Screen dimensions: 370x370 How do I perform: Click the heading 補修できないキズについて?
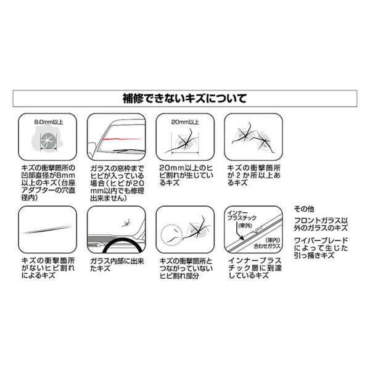tap(184, 99)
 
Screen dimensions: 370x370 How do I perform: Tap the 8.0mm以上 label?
tap(49, 122)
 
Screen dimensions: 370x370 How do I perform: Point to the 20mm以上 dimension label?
tap(185, 122)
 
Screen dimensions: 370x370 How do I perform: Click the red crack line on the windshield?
tap(121, 139)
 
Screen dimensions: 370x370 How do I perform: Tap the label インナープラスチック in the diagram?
tap(242, 215)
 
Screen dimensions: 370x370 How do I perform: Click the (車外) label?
tap(245, 226)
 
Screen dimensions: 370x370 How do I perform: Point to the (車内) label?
tap(273, 240)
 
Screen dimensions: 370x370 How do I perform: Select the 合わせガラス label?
tap(267, 246)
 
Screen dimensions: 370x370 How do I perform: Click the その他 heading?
tap(304, 209)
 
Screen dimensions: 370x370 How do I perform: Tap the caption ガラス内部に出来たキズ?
tap(117, 265)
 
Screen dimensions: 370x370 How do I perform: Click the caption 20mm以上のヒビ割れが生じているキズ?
tap(186, 175)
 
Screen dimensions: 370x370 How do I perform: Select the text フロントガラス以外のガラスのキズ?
tap(321, 224)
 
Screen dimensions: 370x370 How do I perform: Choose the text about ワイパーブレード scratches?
tap(321, 248)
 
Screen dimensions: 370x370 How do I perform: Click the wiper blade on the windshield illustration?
tap(129, 150)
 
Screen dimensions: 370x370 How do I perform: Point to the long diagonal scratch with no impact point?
tap(47, 229)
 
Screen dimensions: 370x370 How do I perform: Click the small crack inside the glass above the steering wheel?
tap(126, 223)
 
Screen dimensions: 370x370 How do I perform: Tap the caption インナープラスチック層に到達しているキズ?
tap(255, 268)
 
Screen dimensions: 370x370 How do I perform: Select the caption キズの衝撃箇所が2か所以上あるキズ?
tap(253, 175)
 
